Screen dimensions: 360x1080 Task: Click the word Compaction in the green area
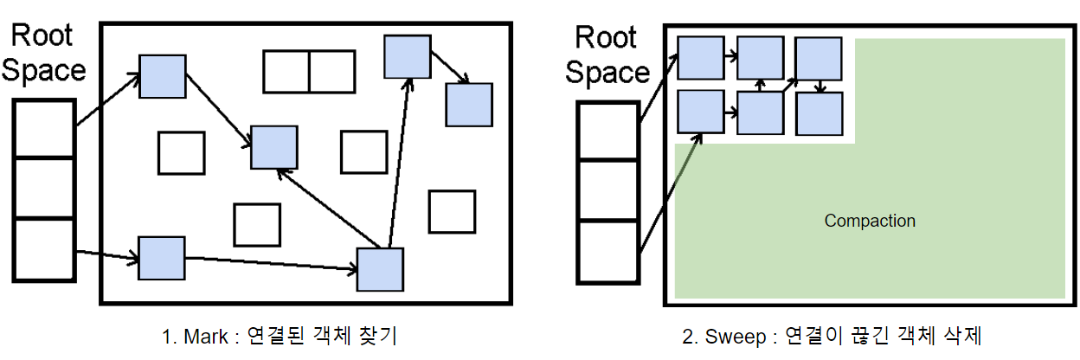pyautogui.click(x=870, y=221)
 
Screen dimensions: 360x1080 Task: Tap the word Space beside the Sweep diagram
pyautogui.click(x=607, y=73)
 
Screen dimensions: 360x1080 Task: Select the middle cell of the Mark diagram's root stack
pyautogui.click(x=44, y=188)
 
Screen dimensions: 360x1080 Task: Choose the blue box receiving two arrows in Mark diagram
pyautogui.click(x=274, y=147)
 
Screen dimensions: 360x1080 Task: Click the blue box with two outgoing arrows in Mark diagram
pyautogui.click(x=381, y=269)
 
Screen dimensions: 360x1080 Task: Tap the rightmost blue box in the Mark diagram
pyautogui.click(x=469, y=105)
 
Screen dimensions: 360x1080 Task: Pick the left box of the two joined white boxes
pyautogui.click(x=286, y=72)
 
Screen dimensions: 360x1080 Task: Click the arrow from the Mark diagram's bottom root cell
pyautogui.click(x=107, y=255)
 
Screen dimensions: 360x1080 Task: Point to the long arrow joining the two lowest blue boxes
pyautogui.click(x=271, y=263)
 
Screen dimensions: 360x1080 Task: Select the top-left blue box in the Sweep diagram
pyautogui.click(x=700, y=57)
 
